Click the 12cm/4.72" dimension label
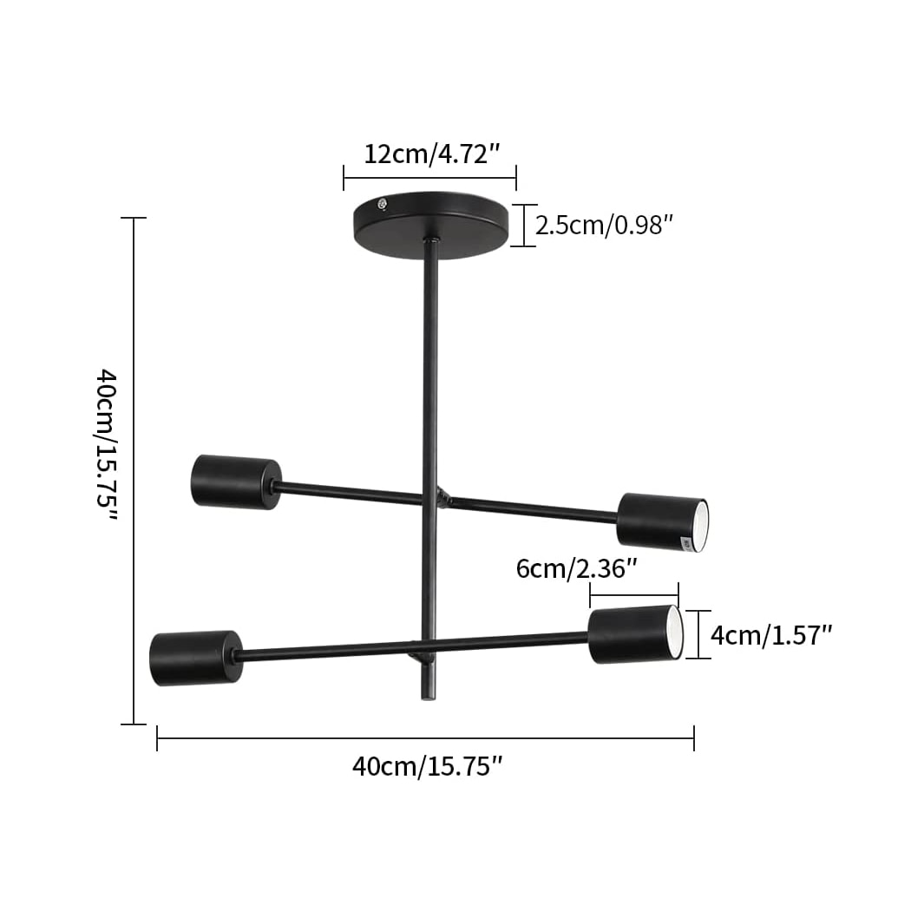pos(431,155)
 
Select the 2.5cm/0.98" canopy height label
pos(605,226)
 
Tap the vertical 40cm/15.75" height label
pos(106,443)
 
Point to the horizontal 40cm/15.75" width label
pos(427,767)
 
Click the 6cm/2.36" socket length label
pos(577,569)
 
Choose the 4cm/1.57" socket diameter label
pos(771,635)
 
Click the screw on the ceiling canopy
pos(382,205)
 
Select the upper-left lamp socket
pos(235,482)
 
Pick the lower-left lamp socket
pos(195,658)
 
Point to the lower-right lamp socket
pos(634,634)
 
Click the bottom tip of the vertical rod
pos(427,695)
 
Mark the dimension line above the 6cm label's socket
pos(634,595)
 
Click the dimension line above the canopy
pos(429,178)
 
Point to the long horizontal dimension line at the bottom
pos(425,738)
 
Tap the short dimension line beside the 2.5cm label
pos(523,226)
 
